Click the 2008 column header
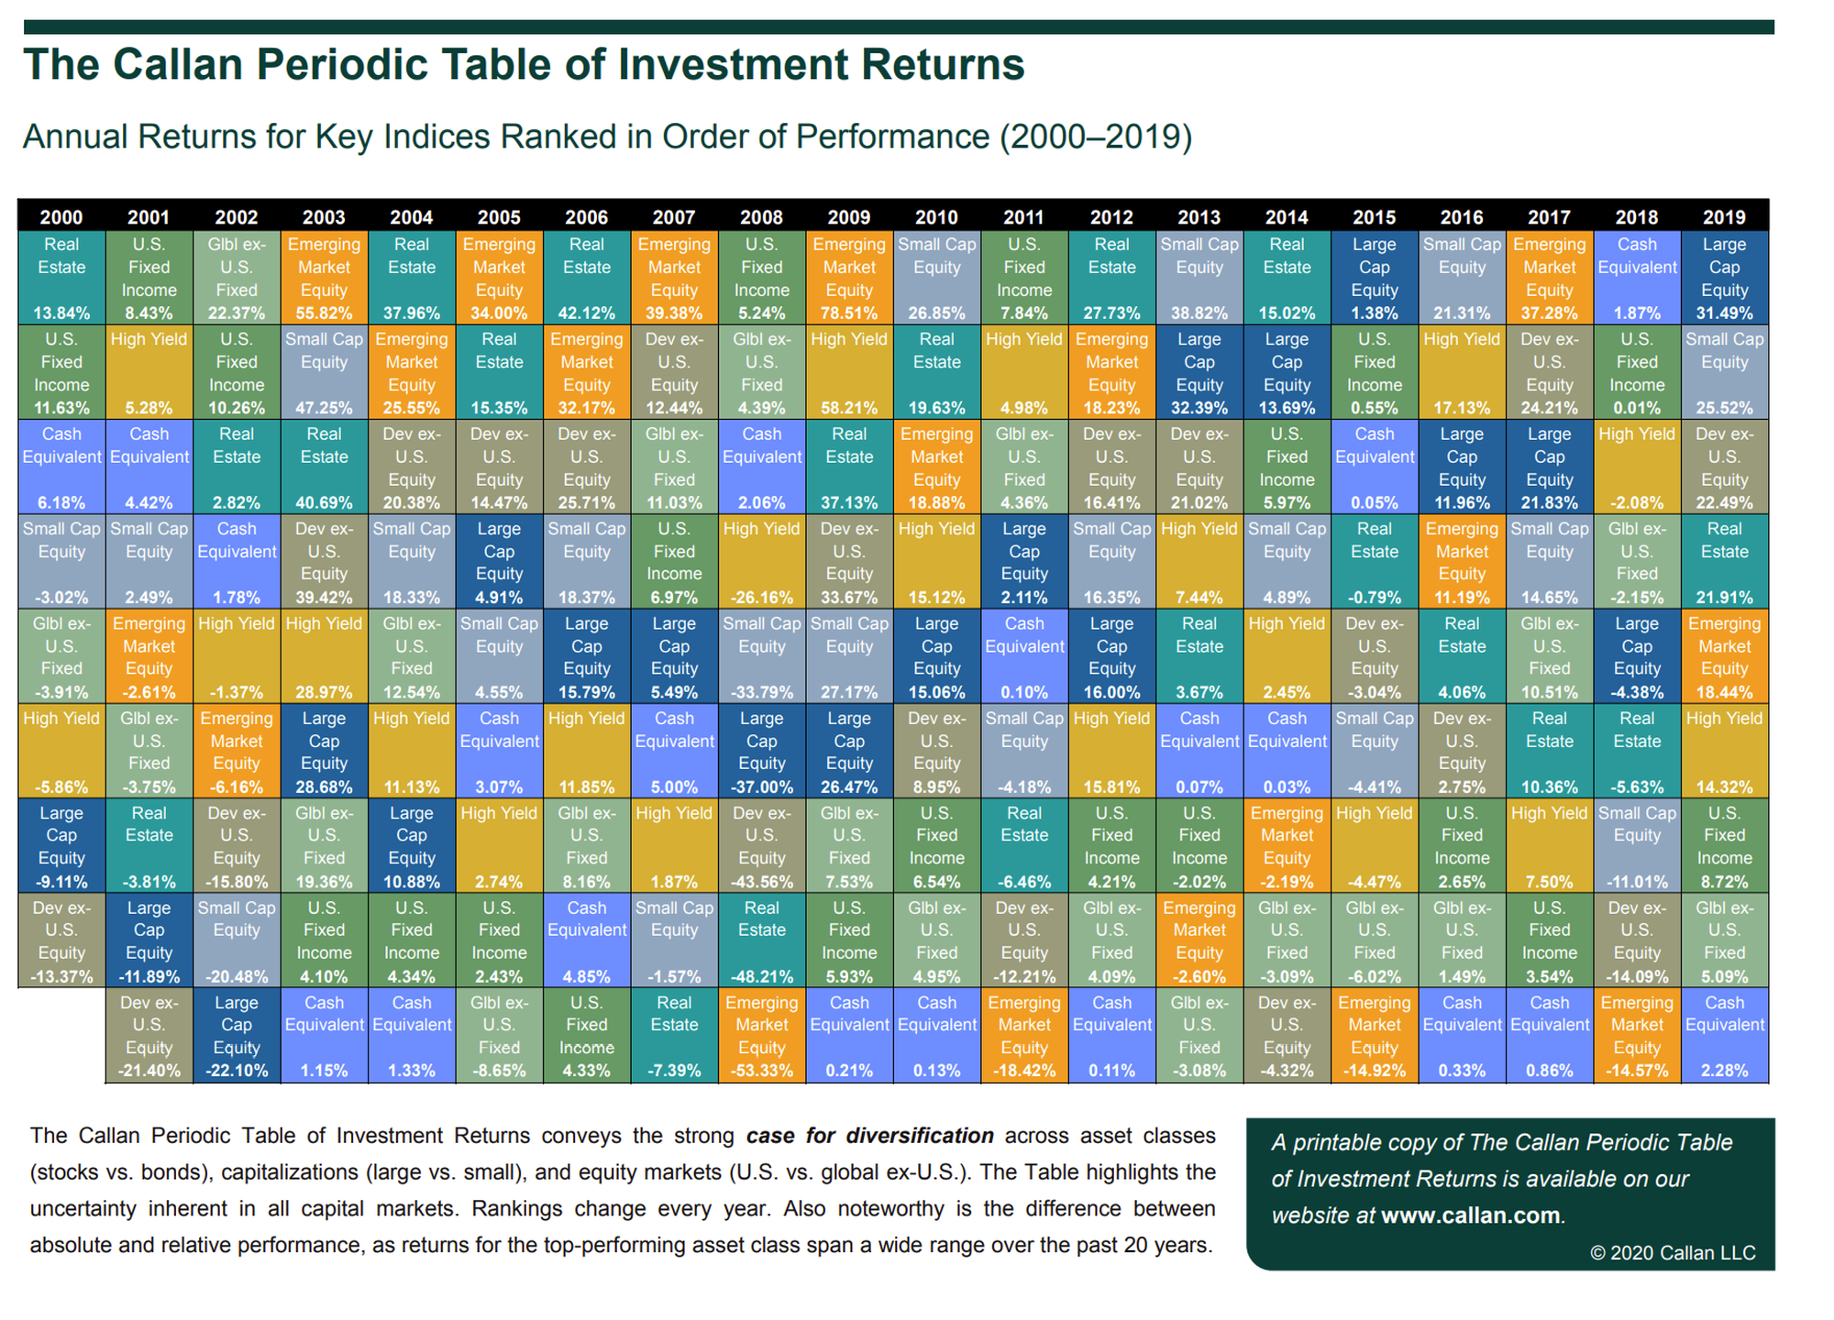761,217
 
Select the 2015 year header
1374,217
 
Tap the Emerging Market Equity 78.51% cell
849,278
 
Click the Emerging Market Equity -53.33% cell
761,1036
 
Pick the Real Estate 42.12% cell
587,278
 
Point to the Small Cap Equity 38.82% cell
1199,278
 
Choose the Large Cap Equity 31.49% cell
1724,278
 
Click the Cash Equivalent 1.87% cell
1637,278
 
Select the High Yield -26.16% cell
761,562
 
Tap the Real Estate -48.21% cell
761,941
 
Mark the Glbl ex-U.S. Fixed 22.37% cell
237,278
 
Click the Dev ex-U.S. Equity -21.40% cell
149,1036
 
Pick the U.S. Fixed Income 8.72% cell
1724,846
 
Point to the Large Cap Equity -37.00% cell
761,752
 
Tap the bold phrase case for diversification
869,1136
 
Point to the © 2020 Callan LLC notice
1673,1253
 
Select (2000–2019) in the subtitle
1095,137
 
